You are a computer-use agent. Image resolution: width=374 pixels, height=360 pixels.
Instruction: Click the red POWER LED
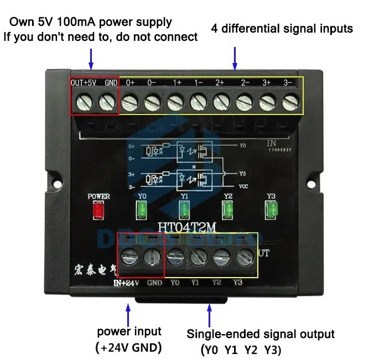click(99, 210)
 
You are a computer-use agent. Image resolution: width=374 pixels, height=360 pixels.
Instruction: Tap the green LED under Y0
click(142, 210)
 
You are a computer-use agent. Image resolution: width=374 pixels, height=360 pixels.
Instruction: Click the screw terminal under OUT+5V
click(82, 101)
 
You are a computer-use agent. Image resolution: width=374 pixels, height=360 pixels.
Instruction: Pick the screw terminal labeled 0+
click(129, 101)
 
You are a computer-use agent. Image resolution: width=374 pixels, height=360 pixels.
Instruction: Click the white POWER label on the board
click(99, 196)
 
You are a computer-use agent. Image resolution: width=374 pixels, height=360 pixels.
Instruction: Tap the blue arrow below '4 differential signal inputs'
click(235, 58)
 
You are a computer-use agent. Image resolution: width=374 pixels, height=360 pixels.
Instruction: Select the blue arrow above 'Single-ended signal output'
click(209, 315)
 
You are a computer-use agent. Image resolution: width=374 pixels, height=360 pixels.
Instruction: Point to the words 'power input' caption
click(129, 331)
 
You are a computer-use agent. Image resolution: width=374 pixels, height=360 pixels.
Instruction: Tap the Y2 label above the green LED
click(227, 196)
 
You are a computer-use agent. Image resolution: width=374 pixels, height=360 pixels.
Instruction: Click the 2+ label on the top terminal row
click(220, 82)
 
